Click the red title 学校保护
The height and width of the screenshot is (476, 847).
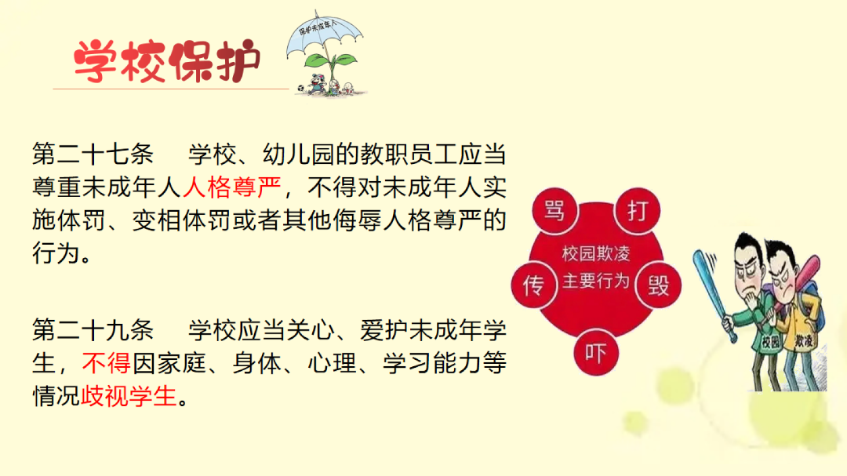coord(167,61)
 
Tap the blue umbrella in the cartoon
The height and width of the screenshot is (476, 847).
coord(324,35)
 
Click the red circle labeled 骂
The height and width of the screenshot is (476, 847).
coord(554,209)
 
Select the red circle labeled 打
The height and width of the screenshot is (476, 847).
coord(638,209)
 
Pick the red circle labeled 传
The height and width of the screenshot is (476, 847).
coord(534,285)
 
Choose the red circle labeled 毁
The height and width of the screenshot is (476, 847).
coord(659,285)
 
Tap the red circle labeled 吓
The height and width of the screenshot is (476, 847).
coord(596,353)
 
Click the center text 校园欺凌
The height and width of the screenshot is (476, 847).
coord(596,253)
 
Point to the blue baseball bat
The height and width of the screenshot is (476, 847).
coord(713,294)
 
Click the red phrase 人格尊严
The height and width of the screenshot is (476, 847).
coord(231,187)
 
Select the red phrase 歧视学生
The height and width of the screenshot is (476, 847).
coord(129,396)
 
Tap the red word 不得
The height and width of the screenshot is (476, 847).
coord(107,363)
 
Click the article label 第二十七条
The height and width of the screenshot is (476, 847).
coord(93,154)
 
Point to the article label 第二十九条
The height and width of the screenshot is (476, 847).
coord(93,329)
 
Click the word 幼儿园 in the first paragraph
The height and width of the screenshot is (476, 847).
coord(299,154)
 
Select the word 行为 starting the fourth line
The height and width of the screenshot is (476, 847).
coord(56,253)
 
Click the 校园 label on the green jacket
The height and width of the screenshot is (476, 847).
coord(771,341)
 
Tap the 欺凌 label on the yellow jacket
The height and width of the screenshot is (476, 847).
coord(804,340)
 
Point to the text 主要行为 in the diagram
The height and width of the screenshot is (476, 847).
coord(596,281)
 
